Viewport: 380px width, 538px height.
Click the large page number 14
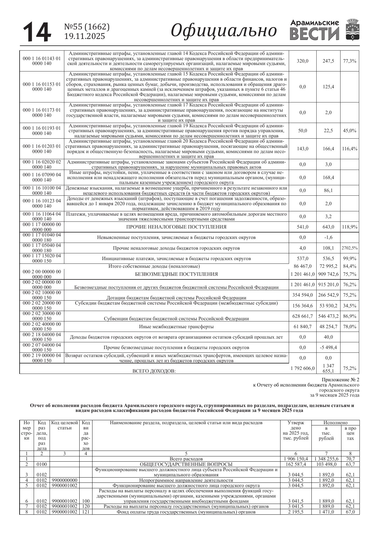[x=37, y=32]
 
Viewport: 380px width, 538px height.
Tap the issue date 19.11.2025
[x=85, y=36]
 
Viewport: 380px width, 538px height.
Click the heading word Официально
[x=224, y=31]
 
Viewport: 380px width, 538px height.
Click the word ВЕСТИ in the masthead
[x=314, y=34]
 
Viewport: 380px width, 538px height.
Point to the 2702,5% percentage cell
[x=350, y=248]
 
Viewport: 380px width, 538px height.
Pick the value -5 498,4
[x=328, y=348]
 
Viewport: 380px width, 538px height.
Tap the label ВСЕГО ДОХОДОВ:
[x=154, y=371]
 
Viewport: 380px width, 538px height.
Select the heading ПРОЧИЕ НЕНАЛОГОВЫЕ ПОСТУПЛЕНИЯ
[x=176, y=227]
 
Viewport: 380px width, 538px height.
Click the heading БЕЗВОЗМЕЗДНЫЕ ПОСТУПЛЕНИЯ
[x=176, y=274]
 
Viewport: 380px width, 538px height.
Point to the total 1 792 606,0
[x=303, y=368]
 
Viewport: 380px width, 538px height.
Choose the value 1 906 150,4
[x=296, y=459]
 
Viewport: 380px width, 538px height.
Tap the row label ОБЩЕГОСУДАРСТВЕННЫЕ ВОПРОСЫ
[x=186, y=464]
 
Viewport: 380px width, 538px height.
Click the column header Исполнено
[x=336, y=423]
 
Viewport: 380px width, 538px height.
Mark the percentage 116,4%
[x=350, y=149]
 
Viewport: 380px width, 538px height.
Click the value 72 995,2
[x=328, y=266]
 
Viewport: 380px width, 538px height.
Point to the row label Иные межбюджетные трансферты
[x=176, y=327]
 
